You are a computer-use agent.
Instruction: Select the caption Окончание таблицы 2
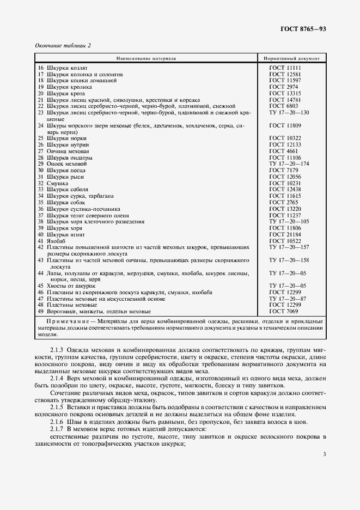tap(63, 45)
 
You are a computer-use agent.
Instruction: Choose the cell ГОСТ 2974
tap(283, 87)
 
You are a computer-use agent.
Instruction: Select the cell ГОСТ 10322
tap(285, 138)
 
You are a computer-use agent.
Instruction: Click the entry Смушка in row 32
tap(58, 183)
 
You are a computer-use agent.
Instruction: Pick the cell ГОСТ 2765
tap(283, 202)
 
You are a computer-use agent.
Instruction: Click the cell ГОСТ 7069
tap(283, 311)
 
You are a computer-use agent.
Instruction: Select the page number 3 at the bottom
tap(324, 454)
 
